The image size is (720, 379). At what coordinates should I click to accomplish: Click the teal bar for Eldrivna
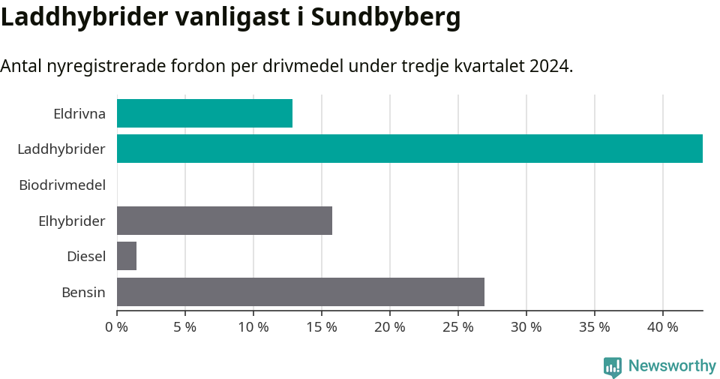(x=204, y=113)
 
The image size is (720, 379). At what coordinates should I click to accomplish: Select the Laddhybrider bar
(x=409, y=149)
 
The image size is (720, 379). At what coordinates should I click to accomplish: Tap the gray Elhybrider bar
(x=224, y=221)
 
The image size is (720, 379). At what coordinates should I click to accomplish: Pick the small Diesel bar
(x=127, y=257)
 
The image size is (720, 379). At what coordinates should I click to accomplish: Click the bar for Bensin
(x=300, y=292)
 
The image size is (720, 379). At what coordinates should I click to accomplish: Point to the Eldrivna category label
(x=79, y=114)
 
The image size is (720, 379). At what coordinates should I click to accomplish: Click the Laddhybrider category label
(x=61, y=149)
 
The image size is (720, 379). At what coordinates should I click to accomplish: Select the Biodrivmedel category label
(x=62, y=185)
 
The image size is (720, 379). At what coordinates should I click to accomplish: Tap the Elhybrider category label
(x=71, y=221)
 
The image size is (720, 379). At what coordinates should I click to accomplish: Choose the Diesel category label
(x=85, y=257)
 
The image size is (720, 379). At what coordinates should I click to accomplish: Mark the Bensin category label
(x=83, y=292)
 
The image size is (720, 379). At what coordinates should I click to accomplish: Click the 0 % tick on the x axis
(x=117, y=327)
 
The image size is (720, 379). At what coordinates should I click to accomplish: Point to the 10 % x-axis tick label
(x=253, y=327)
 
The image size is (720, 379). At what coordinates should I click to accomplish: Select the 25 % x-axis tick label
(x=458, y=327)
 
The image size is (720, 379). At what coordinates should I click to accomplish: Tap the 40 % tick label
(x=663, y=327)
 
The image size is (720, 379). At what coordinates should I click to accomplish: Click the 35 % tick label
(x=595, y=327)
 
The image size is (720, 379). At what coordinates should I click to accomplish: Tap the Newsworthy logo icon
(x=613, y=366)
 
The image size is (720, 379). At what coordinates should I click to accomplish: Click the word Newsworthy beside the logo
(x=672, y=366)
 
